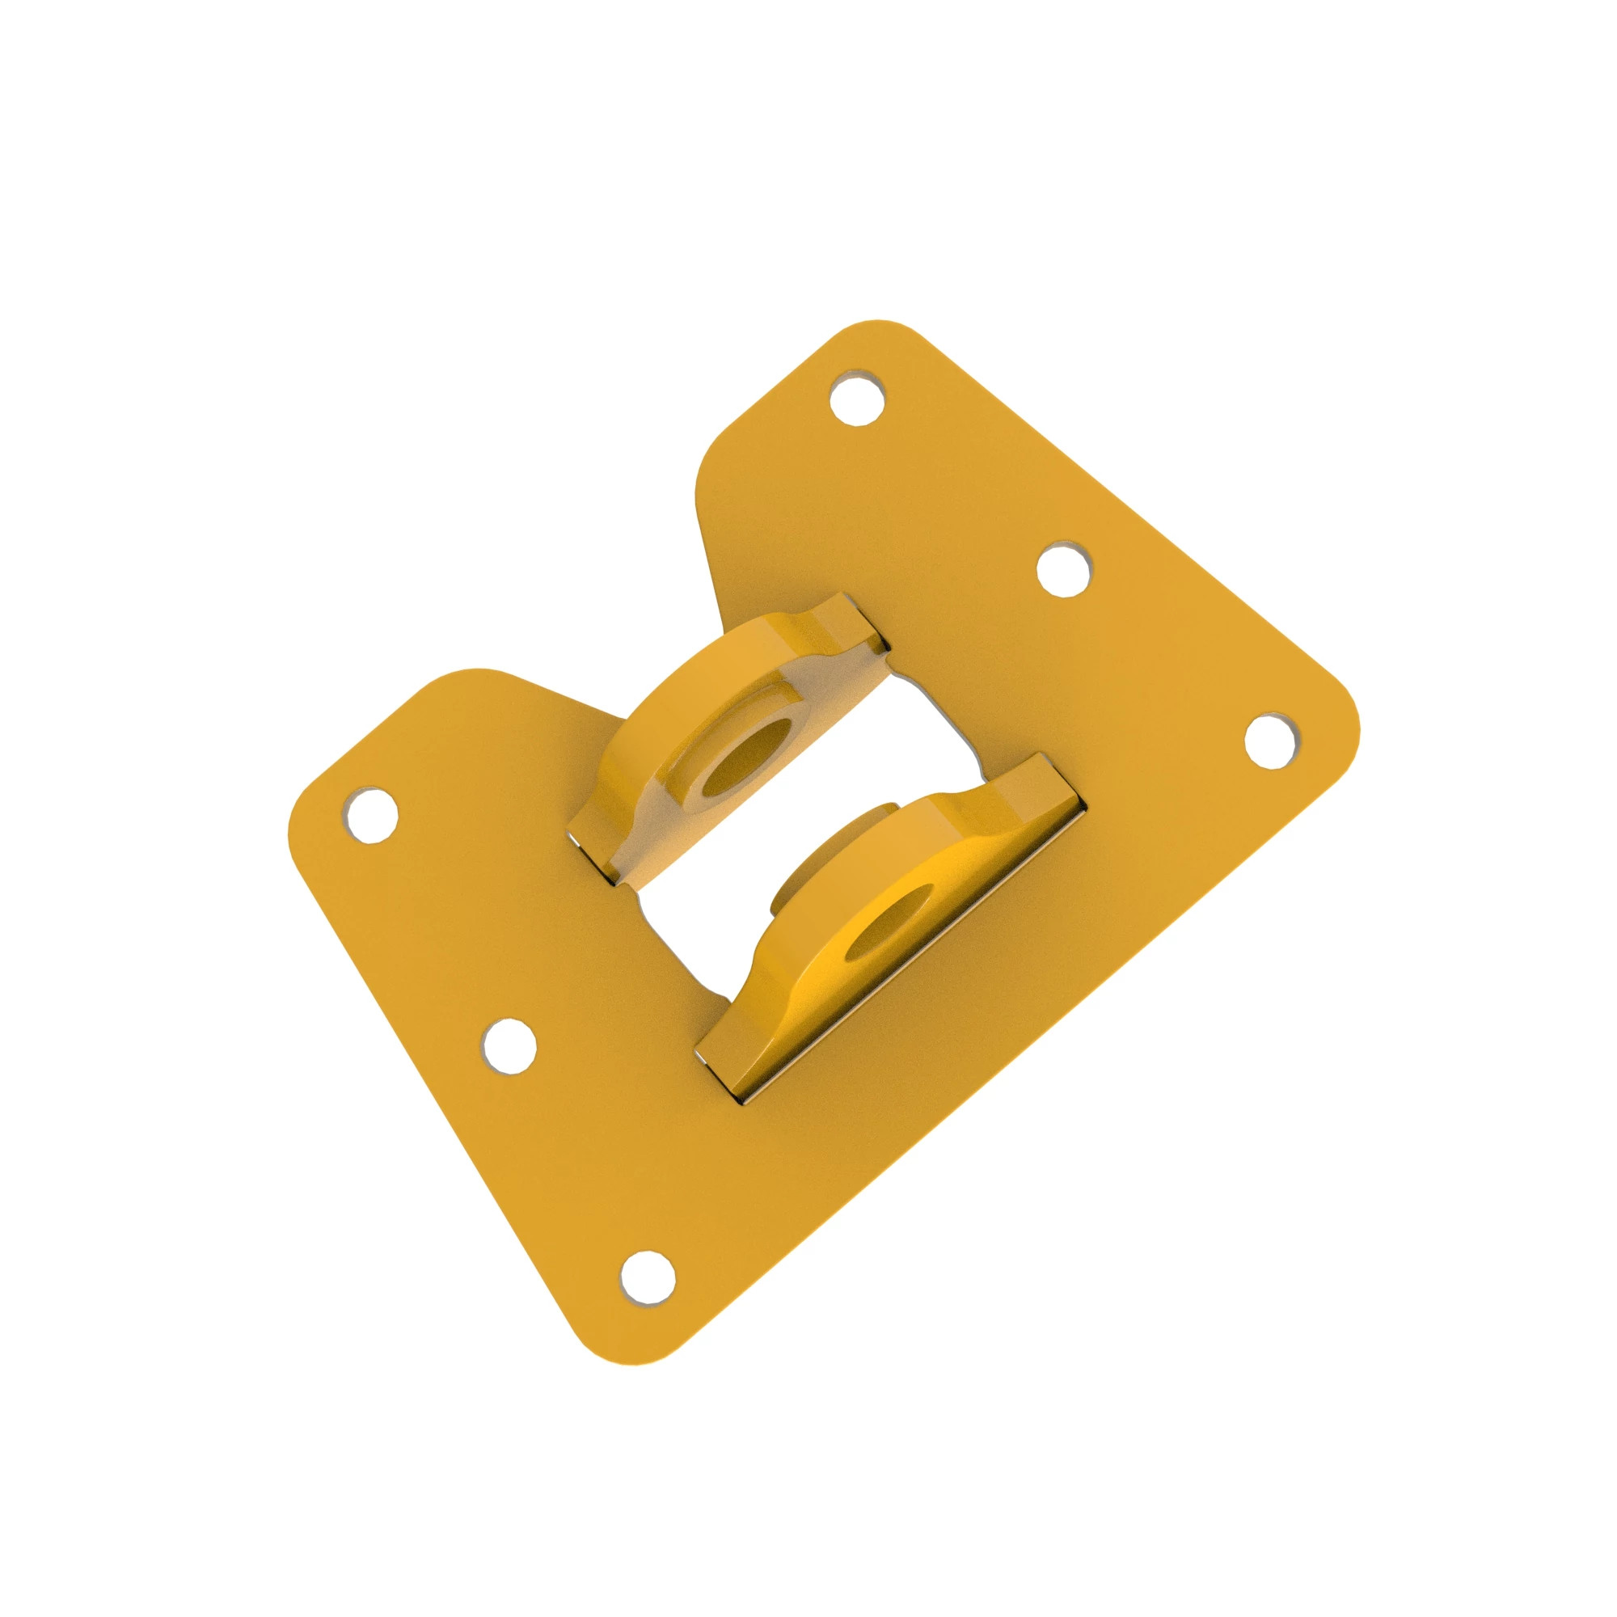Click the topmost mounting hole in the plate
click(x=858, y=397)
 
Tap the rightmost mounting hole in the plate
click(x=1273, y=739)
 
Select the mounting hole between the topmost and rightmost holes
click(x=1065, y=570)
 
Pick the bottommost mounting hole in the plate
click(x=648, y=1300)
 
